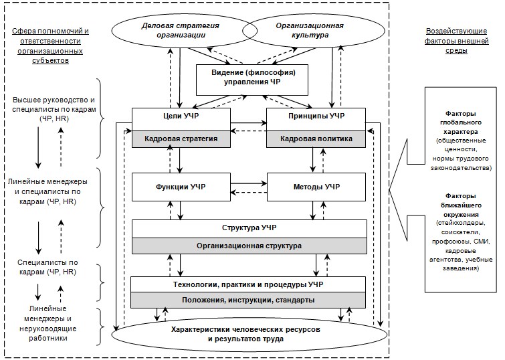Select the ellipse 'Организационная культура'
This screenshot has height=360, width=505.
tap(301, 29)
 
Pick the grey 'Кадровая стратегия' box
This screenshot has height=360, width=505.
tap(181, 139)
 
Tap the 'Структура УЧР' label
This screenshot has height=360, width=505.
tap(249, 228)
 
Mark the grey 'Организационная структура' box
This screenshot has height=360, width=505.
tap(249, 246)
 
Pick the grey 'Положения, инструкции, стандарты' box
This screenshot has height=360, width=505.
tap(249, 300)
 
